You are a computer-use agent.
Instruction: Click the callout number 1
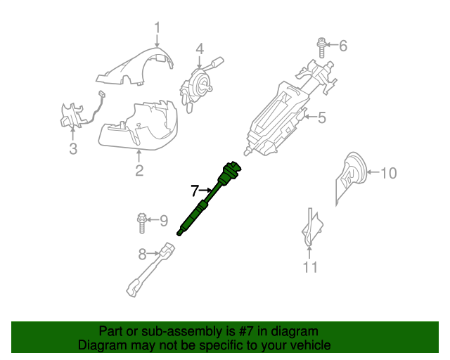point(157,28)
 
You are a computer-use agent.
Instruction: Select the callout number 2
point(139,170)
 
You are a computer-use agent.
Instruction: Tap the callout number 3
point(73,148)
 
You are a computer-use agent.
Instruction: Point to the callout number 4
point(200,49)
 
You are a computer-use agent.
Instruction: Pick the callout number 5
point(322,117)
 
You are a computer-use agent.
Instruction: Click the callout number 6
point(343,46)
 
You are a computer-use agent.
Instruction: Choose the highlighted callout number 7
point(195,190)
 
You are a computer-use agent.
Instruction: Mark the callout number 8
point(142,254)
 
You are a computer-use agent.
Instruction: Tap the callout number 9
point(163,221)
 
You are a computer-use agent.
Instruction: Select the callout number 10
point(388,172)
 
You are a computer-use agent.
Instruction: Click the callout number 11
point(310,267)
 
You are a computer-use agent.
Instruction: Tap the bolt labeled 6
point(321,46)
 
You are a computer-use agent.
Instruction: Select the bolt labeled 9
point(141,222)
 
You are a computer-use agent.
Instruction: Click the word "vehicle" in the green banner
point(307,346)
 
